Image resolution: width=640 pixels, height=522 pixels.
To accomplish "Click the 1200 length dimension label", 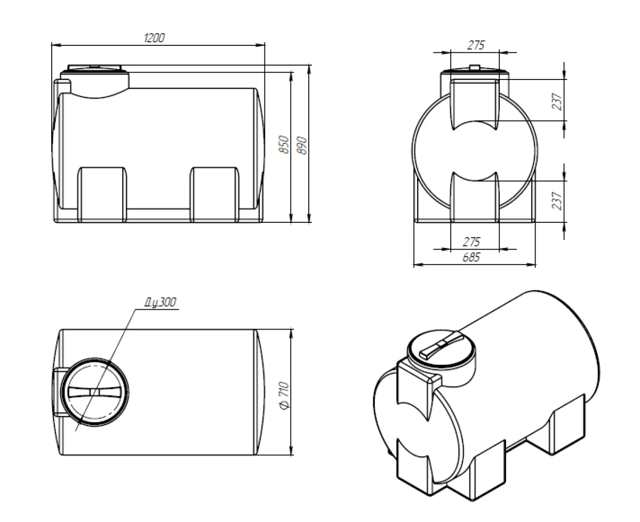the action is tap(154, 38).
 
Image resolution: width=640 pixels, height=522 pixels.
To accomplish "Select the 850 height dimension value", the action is tap(284, 144).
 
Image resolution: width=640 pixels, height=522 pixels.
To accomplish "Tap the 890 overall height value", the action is tap(302, 145).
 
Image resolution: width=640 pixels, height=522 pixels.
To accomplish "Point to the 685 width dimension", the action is tap(471, 257).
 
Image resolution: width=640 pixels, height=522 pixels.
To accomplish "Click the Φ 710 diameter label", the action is tap(285, 396).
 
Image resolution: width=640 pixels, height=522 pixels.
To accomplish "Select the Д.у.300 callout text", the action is tap(160, 302).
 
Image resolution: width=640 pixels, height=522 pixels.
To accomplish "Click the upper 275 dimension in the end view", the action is tap(476, 45).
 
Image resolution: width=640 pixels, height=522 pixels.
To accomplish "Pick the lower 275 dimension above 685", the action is tap(471, 242).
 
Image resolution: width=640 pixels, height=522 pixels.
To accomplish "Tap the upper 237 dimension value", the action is tap(557, 101).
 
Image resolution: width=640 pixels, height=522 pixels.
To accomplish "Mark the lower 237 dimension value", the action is tap(557, 200).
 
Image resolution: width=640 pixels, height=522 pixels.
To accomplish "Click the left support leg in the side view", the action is tap(102, 195).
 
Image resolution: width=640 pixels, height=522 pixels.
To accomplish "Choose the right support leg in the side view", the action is tap(214, 195).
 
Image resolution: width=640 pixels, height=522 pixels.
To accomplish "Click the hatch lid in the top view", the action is tap(95, 392).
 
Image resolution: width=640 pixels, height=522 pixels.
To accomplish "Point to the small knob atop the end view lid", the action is tap(475, 67).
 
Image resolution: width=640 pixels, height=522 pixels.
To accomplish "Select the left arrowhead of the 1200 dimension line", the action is tap(57, 45).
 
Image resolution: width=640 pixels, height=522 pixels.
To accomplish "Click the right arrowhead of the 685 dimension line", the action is tap(531, 265).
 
